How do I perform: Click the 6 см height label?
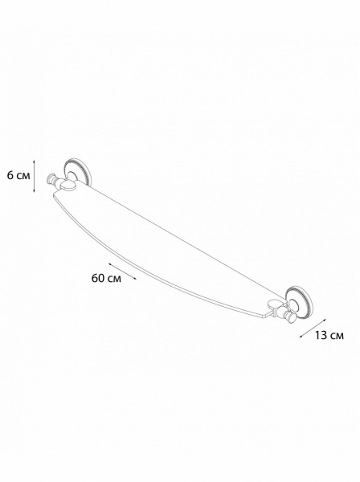coord(18,176)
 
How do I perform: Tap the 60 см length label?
coord(106,278)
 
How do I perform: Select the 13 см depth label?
coord(329,335)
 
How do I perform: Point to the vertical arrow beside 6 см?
coord(35,176)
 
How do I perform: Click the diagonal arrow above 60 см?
coord(122,272)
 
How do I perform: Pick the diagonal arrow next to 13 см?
coord(313,329)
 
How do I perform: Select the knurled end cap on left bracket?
coord(50,179)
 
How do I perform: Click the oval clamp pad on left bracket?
coord(69,186)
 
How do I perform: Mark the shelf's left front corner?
coord(54,194)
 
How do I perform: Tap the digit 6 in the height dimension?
coord(10,176)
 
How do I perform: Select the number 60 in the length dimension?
coord(98,278)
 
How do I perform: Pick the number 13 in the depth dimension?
coord(321,335)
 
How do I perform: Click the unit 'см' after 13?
coord(337,336)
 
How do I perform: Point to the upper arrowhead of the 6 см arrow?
coord(35,161)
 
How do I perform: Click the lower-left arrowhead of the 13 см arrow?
coord(301,337)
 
